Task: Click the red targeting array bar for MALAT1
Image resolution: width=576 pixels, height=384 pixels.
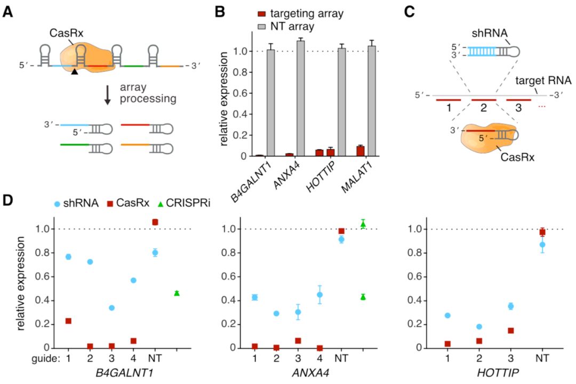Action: click(361, 151)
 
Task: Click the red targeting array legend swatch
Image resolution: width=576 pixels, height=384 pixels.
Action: click(262, 13)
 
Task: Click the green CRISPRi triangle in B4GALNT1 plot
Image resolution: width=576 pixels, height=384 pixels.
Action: click(177, 293)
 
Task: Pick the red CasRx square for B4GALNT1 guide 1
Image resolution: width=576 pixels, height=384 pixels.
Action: click(68, 321)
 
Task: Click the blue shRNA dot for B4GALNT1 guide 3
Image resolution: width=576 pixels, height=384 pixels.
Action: click(111, 308)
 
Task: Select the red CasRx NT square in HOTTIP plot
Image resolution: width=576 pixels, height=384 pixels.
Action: click(542, 232)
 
